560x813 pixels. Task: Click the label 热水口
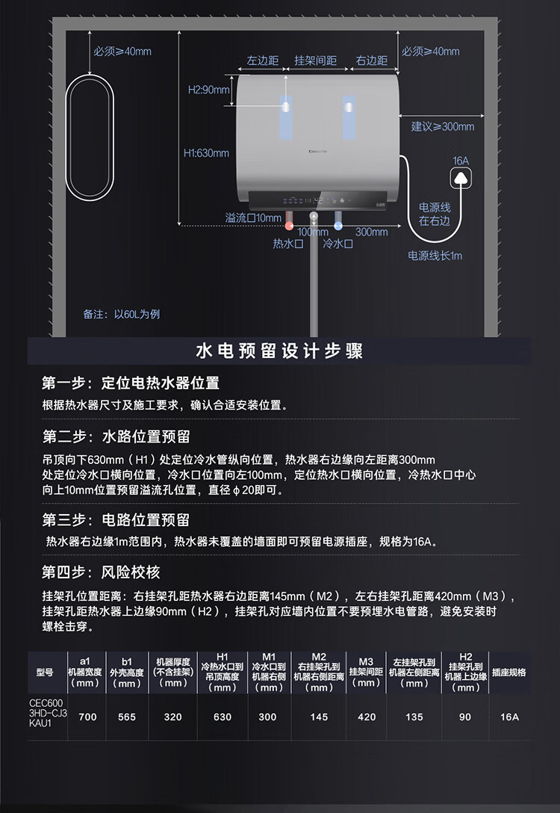287,244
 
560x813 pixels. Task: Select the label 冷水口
337,244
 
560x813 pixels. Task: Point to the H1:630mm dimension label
206,152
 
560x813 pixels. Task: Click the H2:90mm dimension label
208,90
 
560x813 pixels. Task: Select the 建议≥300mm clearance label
443,126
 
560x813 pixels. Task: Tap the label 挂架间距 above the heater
316,61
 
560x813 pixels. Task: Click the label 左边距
263,61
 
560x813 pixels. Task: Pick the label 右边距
371,61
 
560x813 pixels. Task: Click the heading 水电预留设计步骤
279,351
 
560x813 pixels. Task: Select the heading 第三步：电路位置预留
116,520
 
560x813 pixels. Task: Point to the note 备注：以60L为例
122,314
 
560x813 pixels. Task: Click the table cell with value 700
87,717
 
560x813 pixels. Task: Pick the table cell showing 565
127,717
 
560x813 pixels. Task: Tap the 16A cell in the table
509,717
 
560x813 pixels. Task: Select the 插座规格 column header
509,673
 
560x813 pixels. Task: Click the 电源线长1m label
435,256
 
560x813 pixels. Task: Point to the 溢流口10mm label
253,217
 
